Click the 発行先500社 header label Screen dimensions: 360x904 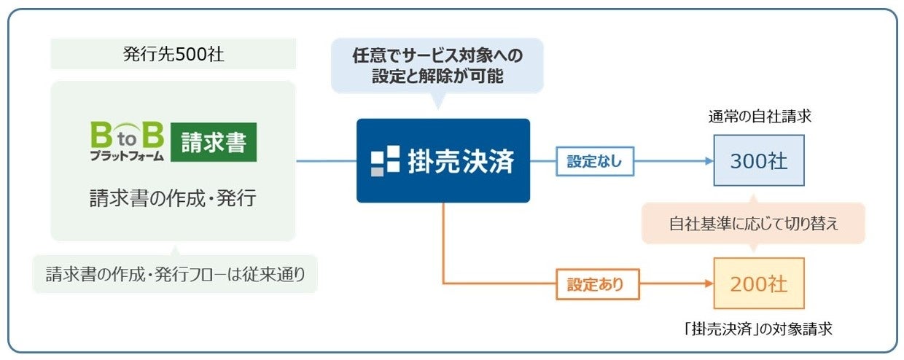pyautogui.click(x=173, y=55)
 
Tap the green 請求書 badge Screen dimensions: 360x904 pyautogui.click(x=214, y=142)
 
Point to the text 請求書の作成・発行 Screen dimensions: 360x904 pyautogui.click(x=173, y=197)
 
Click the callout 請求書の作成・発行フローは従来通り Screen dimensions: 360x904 pyautogui.click(x=175, y=275)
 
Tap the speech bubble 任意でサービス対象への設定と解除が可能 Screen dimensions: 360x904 pyautogui.click(x=437, y=65)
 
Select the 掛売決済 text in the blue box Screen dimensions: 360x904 pyautogui.click(x=461, y=161)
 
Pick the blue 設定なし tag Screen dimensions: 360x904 pyautogui.click(x=595, y=162)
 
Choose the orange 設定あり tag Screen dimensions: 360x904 pyautogui.click(x=596, y=284)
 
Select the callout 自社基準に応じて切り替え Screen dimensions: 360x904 pyautogui.click(x=754, y=224)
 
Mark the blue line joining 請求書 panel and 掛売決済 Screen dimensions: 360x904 pyautogui.click(x=326, y=161)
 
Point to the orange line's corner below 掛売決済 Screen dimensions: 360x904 pyautogui.click(x=444, y=283)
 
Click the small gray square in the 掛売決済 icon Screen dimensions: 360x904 pyautogui.click(x=377, y=172)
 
